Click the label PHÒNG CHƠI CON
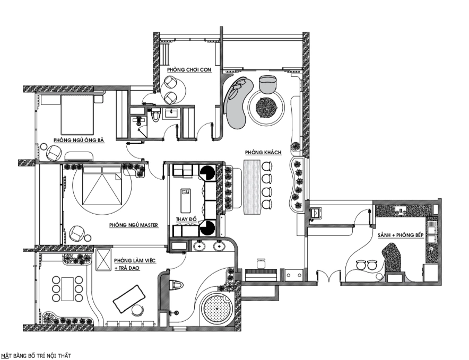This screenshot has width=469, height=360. (189, 69)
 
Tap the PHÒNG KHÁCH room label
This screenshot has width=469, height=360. (263, 153)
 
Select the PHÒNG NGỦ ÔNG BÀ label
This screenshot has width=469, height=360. (79, 140)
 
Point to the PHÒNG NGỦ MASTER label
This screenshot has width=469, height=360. (133, 225)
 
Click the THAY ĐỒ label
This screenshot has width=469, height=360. (186, 219)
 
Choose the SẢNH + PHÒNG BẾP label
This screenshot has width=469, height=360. (401, 235)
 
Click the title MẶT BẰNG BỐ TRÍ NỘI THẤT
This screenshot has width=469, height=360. (36, 356)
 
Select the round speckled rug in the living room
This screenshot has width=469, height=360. (266, 108)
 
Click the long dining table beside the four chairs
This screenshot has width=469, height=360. (252, 187)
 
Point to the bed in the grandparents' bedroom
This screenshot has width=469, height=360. (77, 114)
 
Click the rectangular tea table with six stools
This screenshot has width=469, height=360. (67, 289)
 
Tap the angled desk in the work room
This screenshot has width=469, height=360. (129, 299)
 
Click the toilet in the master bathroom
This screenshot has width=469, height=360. (176, 285)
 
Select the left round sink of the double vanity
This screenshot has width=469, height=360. (199, 247)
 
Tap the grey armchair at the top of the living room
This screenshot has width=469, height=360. (267, 84)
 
